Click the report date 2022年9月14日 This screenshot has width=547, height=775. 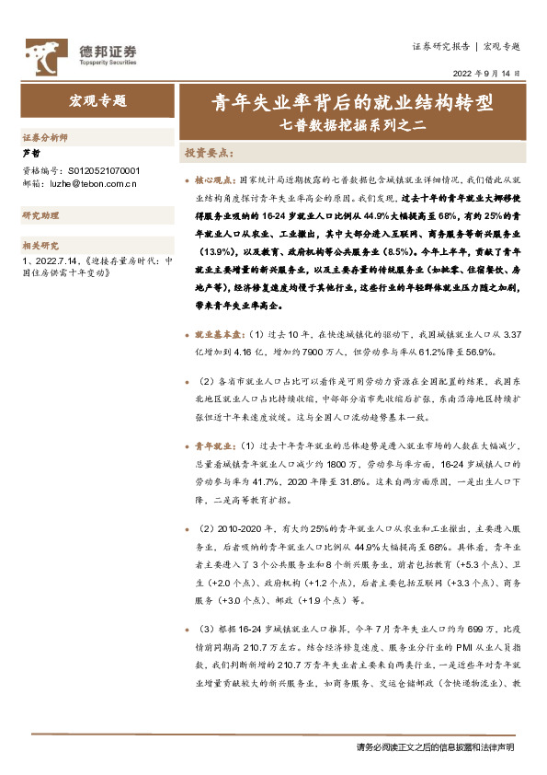pyautogui.click(x=487, y=73)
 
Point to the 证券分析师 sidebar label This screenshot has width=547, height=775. pyautogui.click(x=45, y=135)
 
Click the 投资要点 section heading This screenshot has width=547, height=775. pyautogui.click(x=211, y=153)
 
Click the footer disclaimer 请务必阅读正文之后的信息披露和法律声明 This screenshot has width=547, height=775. pyautogui.click(x=435, y=746)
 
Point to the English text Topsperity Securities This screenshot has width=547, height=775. pyautogui.click(x=104, y=63)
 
